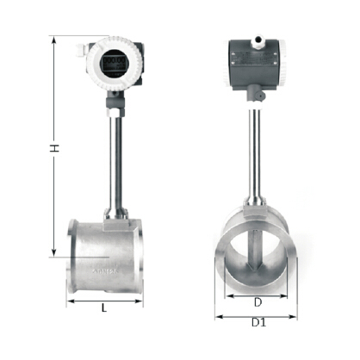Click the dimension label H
(x=54, y=148)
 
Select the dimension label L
(x=104, y=308)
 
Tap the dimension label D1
(x=258, y=323)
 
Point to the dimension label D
(x=258, y=302)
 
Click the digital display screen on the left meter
(x=115, y=64)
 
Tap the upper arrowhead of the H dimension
(x=53, y=41)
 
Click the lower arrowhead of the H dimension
(x=53, y=252)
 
